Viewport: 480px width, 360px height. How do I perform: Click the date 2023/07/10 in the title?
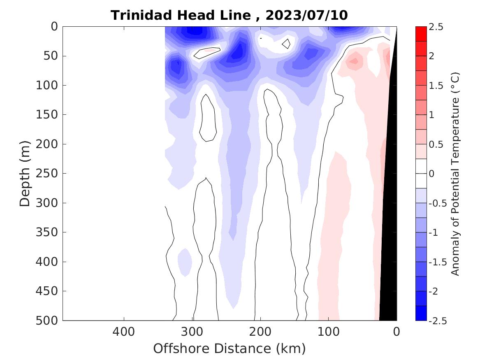306,15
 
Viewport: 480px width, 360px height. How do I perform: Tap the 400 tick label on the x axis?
124,331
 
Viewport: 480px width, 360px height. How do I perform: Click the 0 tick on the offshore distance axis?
397,331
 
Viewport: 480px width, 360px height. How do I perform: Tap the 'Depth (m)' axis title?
26,173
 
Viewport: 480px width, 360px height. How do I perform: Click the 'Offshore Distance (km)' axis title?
230,348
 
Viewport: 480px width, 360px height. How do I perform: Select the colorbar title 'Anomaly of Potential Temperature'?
454,174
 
